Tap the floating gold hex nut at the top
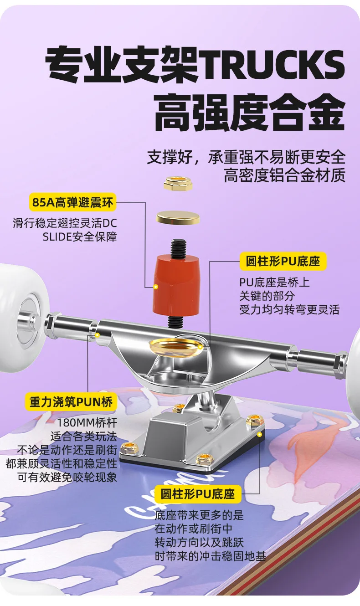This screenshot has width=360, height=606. pos(178,184)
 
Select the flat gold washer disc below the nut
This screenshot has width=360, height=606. pos(178,217)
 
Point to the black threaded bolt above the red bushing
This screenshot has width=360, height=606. pos(178,248)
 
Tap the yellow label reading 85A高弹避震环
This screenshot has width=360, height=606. pos(73,202)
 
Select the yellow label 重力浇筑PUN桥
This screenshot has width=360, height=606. pos(71,402)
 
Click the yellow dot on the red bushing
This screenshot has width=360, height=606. pos(156,287)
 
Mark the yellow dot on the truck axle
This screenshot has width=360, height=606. pos(97,335)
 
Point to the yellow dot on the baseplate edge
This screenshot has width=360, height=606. pos(259,435)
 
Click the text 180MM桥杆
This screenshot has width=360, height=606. pos(87,422)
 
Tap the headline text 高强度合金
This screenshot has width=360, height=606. pos(250,112)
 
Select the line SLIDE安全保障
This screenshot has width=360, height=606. pos(80,237)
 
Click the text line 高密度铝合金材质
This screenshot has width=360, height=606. pos(285,175)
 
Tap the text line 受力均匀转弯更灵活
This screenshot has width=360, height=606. pos(289,309)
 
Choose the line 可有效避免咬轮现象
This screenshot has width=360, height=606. pos(67,477)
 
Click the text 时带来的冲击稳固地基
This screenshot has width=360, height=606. pos(211,556)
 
